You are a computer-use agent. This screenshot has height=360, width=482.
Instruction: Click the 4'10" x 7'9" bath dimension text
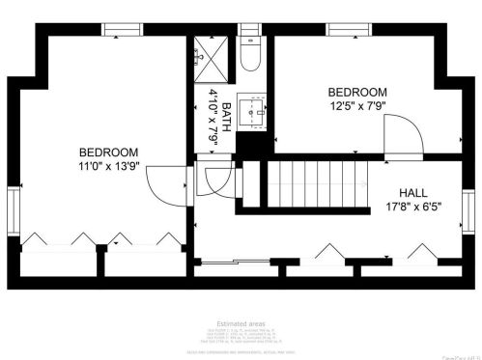click(213, 115)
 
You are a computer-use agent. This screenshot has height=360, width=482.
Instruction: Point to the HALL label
click(414, 190)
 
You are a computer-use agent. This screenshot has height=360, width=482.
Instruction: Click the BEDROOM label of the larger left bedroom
click(108, 152)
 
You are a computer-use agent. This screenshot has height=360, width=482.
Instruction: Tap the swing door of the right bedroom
click(400, 135)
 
